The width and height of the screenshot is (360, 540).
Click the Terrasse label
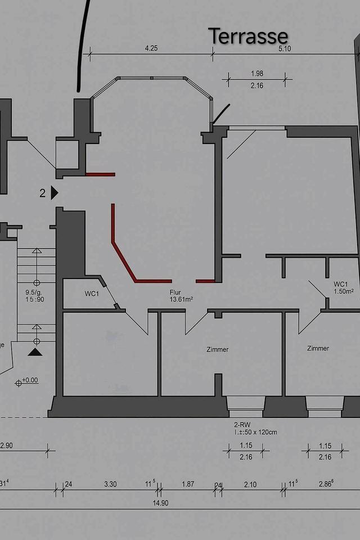(248, 36)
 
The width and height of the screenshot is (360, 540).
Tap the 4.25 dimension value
(151, 48)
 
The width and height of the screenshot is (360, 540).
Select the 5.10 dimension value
(285, 48)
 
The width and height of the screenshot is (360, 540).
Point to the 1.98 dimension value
(256, 74)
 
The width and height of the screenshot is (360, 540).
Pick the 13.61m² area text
(181, 300)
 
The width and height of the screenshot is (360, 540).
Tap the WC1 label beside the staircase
(92, 294)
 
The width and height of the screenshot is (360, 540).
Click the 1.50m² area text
(343, 291)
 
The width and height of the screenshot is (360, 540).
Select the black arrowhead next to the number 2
(54, 193)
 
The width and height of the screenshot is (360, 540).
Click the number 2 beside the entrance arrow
(43, 193)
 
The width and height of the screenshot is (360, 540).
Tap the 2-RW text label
(242, 425)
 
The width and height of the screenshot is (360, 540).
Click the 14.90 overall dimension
(160, 503)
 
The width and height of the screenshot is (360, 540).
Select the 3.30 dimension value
(111, 484)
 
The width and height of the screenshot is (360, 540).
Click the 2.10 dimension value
(250, 484)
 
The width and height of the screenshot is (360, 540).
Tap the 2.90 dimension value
(6, 445)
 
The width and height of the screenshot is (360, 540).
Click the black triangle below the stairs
(35, 352)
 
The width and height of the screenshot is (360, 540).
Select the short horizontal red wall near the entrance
(100, 174)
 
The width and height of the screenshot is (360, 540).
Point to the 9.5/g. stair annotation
(34, 292)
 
